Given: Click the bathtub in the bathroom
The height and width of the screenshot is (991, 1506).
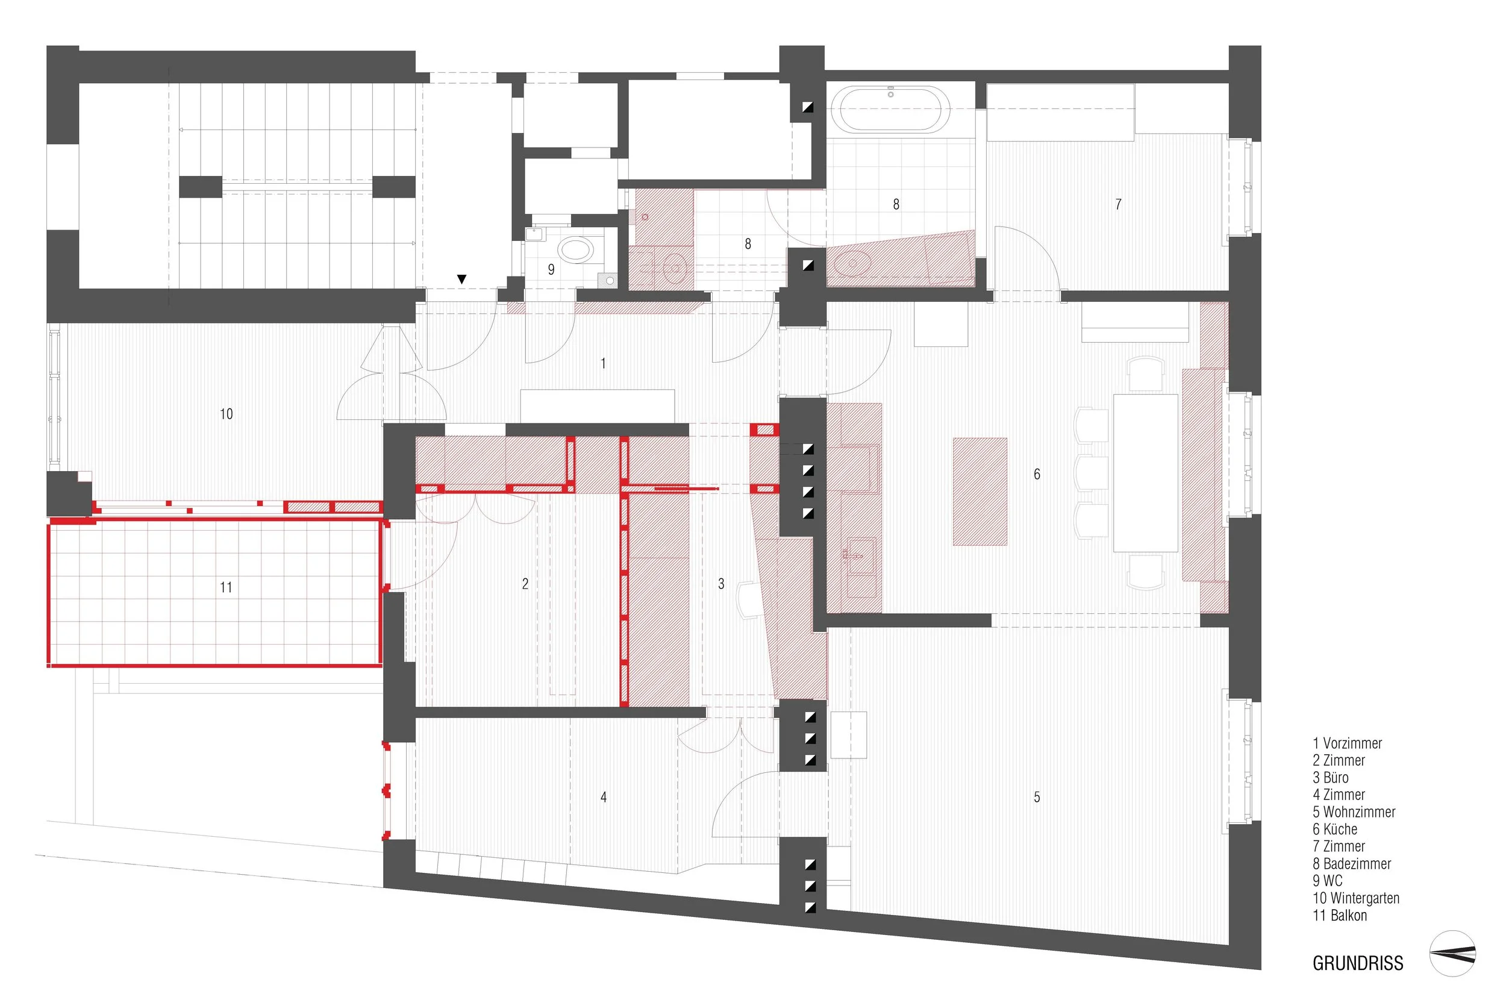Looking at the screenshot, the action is pos(890,110).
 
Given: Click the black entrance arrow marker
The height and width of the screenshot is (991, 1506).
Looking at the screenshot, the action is pos(462,279).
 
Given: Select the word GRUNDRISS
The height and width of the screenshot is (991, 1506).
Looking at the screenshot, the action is pos(1357,963).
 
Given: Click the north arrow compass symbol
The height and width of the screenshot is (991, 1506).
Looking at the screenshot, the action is pos(1453,954).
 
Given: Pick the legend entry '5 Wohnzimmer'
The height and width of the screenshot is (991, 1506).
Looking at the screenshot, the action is pos(1354,812).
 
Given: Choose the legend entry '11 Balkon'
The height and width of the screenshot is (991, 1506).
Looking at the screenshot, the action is pos(1340,915).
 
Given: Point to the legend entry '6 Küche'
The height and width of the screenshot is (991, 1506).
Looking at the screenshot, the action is pos(1334,829).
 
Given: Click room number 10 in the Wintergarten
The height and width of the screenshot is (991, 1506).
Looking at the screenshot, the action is pos(226,414).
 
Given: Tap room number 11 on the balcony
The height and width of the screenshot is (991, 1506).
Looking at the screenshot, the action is pos(226,587).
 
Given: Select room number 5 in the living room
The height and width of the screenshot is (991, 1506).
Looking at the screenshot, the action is pos(1037,798).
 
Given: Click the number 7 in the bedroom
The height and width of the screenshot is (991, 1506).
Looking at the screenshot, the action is pos(1118,204).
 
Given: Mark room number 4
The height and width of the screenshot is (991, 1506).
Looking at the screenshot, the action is pos(604,798).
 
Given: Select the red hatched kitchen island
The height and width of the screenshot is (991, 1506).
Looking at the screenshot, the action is pos(980,491).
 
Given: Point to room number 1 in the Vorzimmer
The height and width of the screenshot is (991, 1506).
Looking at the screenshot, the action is pos(603,363).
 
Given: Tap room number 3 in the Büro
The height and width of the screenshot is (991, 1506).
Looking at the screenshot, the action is pos(720,584).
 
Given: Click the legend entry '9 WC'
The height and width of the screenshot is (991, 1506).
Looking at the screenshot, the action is pos(1327,881).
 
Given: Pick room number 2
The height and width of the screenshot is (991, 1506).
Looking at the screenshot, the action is pos(525,584).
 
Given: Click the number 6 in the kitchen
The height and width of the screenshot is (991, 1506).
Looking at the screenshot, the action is pos(1037,474).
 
